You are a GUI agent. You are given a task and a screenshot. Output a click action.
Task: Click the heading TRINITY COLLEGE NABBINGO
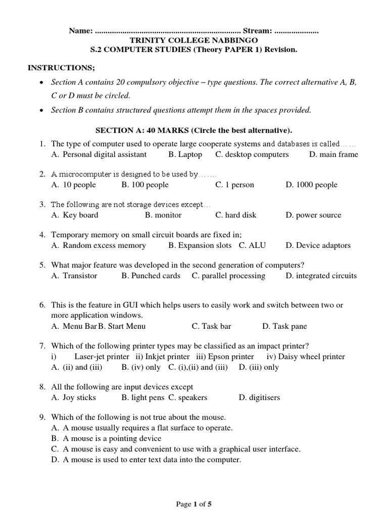coord(193,40)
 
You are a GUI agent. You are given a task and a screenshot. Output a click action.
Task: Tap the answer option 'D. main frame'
coord(333,154)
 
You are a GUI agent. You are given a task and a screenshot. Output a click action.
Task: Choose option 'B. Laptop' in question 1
coord(185,154)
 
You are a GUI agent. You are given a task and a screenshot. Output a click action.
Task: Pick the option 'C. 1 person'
coord(234,185)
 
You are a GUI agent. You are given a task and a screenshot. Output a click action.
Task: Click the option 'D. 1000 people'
coord(311,185)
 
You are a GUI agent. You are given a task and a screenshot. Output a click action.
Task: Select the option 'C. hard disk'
coord(235,215)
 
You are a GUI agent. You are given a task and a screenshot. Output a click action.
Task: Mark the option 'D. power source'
coord(313,215)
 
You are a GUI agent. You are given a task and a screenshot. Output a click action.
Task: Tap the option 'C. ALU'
coord(252,245)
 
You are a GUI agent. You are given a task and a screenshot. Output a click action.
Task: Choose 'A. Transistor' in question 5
coord(74,276)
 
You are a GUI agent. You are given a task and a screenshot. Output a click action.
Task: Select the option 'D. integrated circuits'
coord(321,276)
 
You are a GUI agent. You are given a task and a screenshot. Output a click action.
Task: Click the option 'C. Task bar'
coord(211,326)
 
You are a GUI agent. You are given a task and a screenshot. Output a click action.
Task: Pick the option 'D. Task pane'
coord(284,326)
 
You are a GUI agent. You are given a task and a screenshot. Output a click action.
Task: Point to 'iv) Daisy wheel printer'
coord(305,357)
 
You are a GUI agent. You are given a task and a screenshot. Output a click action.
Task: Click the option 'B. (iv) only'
coord(141,367)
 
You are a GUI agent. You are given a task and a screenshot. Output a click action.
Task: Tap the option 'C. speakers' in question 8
coord(187,398)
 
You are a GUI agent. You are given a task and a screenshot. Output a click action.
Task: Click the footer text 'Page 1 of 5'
coord(193,504)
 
